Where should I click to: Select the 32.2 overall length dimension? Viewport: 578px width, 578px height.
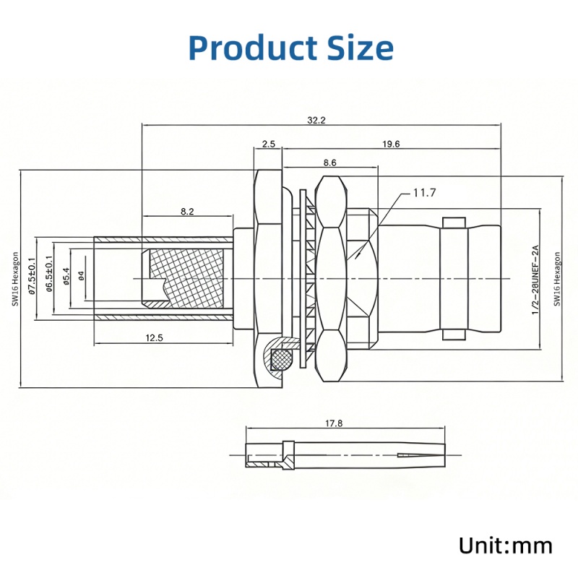316,121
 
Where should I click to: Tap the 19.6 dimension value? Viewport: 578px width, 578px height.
391,144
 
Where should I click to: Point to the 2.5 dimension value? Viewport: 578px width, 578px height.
268,144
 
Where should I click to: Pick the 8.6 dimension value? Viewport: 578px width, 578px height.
329,163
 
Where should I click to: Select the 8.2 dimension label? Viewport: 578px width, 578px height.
187,212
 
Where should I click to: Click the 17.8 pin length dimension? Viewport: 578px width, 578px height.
333,424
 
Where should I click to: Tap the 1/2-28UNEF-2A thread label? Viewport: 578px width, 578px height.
535,279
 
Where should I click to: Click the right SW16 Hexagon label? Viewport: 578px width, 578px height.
556,279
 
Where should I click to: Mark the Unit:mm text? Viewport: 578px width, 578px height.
505,544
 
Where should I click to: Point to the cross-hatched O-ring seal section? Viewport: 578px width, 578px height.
281,357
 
